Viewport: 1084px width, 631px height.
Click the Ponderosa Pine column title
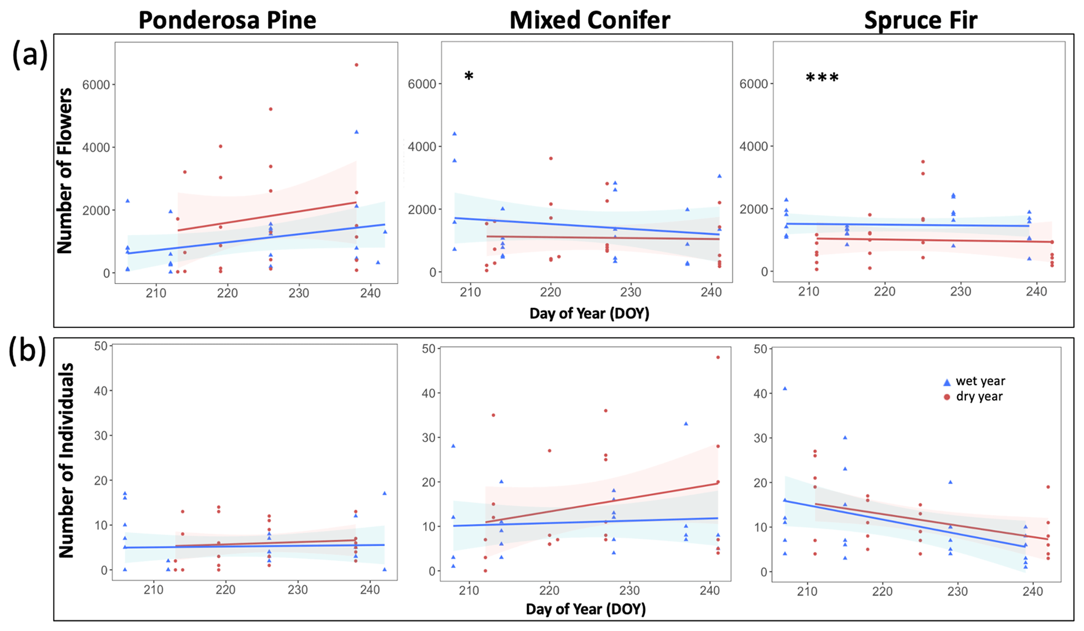pyautogui.click(x=227, y=20)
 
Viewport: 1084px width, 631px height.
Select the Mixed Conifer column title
pyautogui.click(x=589, y=20)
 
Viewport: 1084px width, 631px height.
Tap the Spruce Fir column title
pyautogui.click(x=920, y=20)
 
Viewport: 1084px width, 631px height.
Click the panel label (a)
pyautogui.click(x=30, y=55)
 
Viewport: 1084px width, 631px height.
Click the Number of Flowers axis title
pyautogui.click(x=65, y=170)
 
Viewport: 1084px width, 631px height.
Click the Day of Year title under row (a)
pyautogui.click(x=589, y=313)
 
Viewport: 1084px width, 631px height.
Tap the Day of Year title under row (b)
pyautogui.click(x=585, y=609)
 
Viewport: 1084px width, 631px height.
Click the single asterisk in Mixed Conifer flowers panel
pyautogui.click(x=469, y=77)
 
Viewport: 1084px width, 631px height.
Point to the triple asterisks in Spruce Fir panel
pyautogui.click(x=822, y=78)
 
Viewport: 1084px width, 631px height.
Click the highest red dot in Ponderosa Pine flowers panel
pyautogui.click(x=356, y=65)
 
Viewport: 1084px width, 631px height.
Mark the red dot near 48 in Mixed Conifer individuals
pyautogui.click(x=718, y=357)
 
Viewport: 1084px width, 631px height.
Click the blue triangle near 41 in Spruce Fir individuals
pyautogui.click(x=785, y=388)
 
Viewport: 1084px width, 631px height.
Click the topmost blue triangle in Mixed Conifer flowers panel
pyautogui.click(x=455, y=134)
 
